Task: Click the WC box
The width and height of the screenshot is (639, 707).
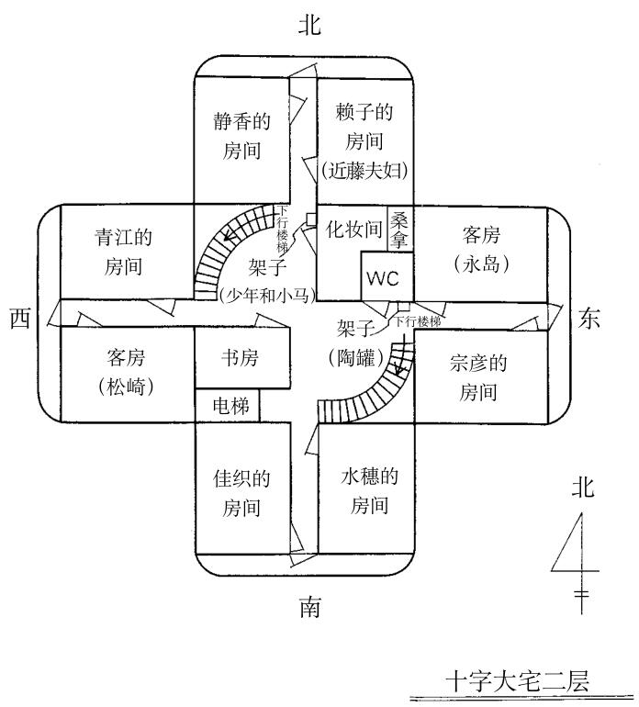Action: [384, 277]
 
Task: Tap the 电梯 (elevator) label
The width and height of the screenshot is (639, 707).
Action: [227, 404]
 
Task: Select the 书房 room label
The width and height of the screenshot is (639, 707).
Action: [241, 357]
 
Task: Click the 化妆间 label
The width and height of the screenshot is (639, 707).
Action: [353, 230]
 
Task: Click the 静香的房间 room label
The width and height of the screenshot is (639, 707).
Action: [242, 134]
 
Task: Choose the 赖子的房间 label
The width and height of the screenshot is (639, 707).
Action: [364, 127]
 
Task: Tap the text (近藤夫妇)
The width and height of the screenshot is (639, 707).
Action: [364, 171]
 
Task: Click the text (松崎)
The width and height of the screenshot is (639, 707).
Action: [125, 387]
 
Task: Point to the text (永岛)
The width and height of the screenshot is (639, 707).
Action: [481, 264]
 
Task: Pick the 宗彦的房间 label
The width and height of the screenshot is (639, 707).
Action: [479, 376]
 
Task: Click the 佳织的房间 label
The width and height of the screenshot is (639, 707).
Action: [241, 492]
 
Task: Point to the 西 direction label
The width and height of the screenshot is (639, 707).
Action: [20, 319]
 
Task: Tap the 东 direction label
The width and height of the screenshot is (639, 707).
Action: [591, 318]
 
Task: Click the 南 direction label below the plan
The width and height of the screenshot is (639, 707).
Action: [309, 608]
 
